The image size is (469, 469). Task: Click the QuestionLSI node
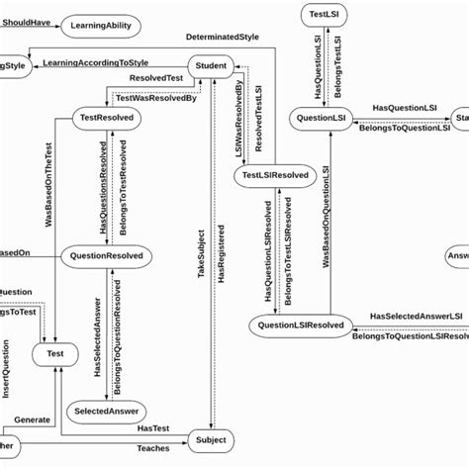point(323,119)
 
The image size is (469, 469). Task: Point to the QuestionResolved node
point(106,256)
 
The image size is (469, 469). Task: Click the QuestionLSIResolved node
point(301,325)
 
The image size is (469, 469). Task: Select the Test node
point(54,352)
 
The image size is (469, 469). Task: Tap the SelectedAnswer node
point(107,411)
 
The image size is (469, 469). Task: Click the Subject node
point(211,439)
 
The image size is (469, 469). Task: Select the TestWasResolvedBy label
point(156,98)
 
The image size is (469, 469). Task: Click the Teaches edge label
point(151,449)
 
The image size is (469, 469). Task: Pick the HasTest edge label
point(152,427)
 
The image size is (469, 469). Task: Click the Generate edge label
point(32,420)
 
